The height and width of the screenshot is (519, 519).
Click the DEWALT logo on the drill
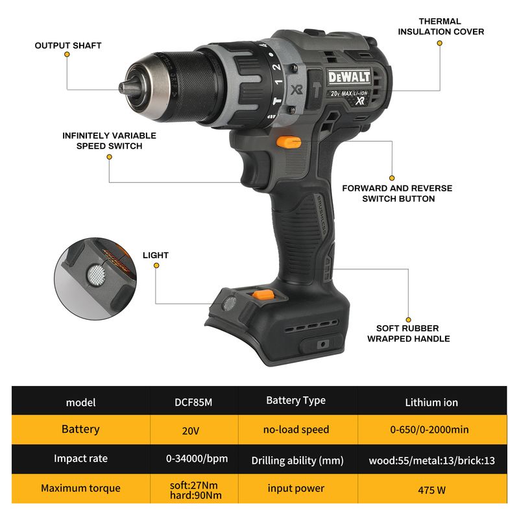tap(349, 77)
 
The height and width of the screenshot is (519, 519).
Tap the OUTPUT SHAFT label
tap(68, 45)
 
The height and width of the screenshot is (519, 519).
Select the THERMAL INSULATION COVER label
tap(441, 27)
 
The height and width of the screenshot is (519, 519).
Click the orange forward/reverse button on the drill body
tap(289, 143)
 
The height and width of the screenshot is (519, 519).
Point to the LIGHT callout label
tap(156, 255)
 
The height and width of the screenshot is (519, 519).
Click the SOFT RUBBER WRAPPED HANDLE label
tap(409, 333)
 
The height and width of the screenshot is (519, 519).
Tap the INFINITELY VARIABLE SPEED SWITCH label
tap(109, 141)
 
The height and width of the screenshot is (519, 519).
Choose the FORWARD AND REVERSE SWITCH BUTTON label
tap(397, 193)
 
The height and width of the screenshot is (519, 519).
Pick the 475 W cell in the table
tap(432, 489)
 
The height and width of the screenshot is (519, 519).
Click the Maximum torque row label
tap(80, 489)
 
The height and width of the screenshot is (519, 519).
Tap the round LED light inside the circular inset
tap(96, 274)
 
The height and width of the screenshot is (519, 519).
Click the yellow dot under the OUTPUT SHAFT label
tap(67, 54)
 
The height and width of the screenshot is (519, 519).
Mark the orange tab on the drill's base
tap(263, 295)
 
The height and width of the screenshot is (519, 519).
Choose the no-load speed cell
tap(296, 429)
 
